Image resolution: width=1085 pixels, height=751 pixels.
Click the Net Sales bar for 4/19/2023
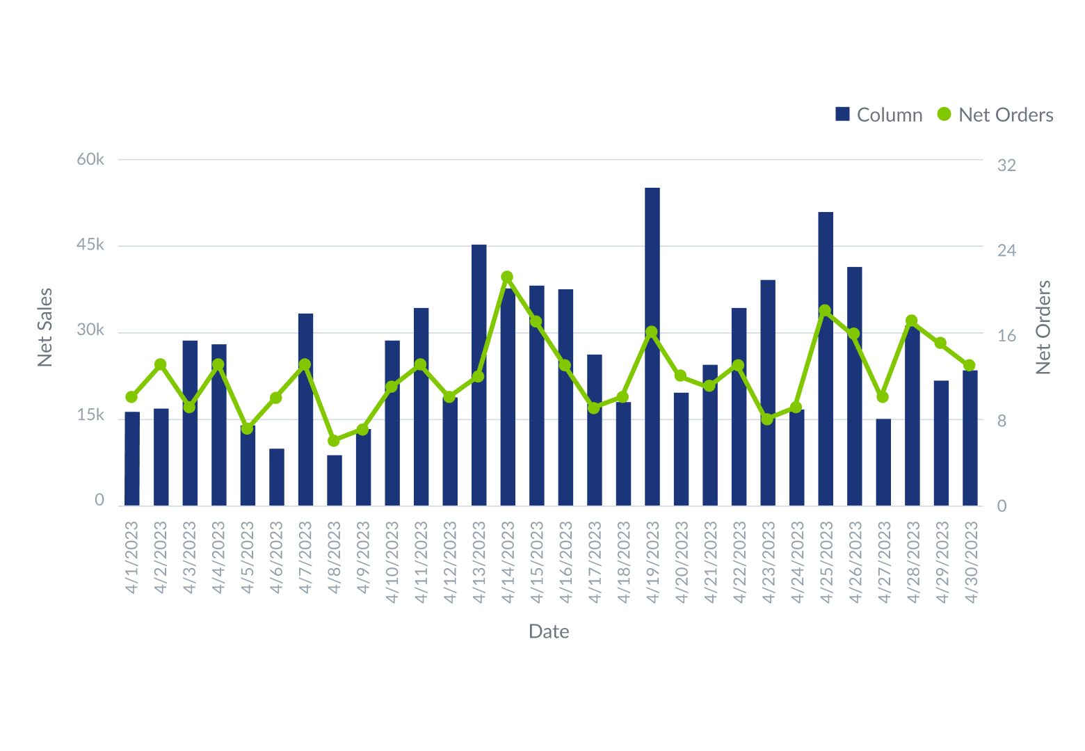[x=652, y=348]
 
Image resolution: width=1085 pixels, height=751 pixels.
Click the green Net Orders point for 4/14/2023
[x=507, y=277]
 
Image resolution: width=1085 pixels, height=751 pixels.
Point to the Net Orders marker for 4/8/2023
[x=334, y=441]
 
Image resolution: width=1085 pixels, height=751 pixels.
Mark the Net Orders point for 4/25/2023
[x=825, y=310]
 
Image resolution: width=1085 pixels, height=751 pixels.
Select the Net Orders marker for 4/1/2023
[x=131, y=397]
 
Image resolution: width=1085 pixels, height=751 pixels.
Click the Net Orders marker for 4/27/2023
[x=883, y=396]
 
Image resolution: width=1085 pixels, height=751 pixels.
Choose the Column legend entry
[x=878, y=115]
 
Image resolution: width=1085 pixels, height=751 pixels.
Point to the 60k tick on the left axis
[x=90, y=159]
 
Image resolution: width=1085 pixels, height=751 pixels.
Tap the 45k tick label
[x=90, y=245]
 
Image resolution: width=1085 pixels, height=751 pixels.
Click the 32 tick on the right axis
[x=1006, y=165]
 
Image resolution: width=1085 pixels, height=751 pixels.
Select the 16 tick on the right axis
[x=1006, y=336]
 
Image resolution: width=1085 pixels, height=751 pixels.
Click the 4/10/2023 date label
[x=392, y=562]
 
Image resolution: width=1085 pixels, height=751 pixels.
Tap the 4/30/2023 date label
[x=970, y=562]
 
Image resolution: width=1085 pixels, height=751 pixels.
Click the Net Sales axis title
[x=45, y=327]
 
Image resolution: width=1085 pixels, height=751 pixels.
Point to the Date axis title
[x=549, y=631]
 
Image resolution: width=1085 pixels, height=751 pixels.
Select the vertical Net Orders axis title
[x=1043, y=327]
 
